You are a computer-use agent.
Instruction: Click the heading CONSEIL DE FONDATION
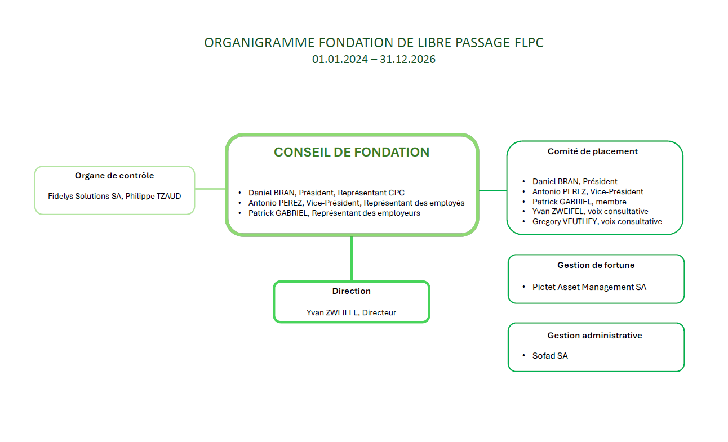pos(351,152)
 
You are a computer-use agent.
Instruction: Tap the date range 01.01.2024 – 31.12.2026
pos(374,59)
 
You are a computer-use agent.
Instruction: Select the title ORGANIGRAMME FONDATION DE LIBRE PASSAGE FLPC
pos(374,43)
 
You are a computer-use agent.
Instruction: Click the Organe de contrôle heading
pos(114,176)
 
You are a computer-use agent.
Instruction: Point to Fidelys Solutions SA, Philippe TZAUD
pos(114,196)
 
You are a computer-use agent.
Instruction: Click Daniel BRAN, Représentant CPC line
pos(326,193)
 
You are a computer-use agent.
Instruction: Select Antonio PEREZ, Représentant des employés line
pos(356,203)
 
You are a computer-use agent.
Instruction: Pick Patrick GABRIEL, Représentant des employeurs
pos(334,213)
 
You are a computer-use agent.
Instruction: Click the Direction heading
pos(351,291)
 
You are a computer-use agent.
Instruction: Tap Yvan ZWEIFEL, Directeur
pos(351,312)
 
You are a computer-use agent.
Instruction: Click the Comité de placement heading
pos(592,151)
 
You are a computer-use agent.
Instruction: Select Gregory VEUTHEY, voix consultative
pos(597,222)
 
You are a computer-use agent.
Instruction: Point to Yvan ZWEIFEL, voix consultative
pos(590,212)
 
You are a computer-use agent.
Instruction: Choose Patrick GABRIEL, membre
pos(579,202)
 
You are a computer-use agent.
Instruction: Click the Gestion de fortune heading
pos(596,265)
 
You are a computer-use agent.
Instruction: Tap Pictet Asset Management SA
pos(589,287)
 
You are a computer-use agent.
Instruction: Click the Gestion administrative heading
pos(594,336)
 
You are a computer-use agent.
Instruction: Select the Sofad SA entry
pos(550,356)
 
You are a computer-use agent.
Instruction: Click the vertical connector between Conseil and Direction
pos(351,258)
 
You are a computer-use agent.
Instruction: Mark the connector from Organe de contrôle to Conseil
pos(210,189)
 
